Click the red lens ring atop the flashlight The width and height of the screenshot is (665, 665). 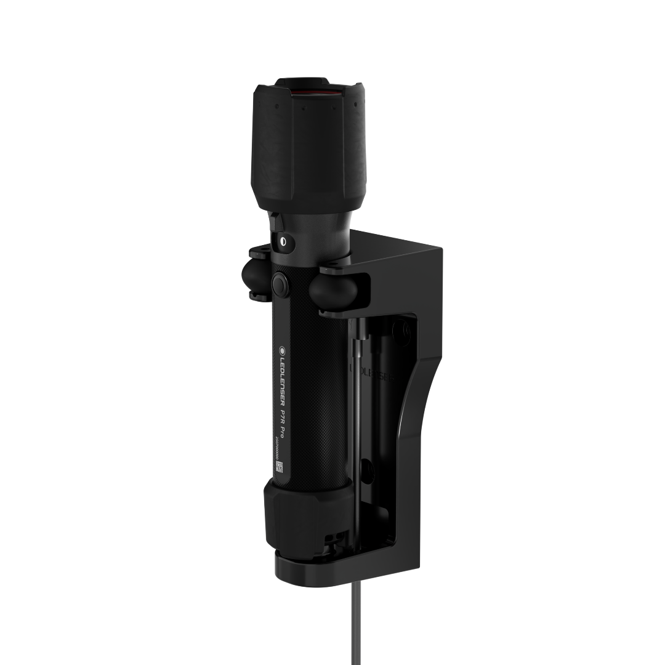(313, 92)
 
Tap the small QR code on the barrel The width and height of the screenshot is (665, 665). (280, 467)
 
